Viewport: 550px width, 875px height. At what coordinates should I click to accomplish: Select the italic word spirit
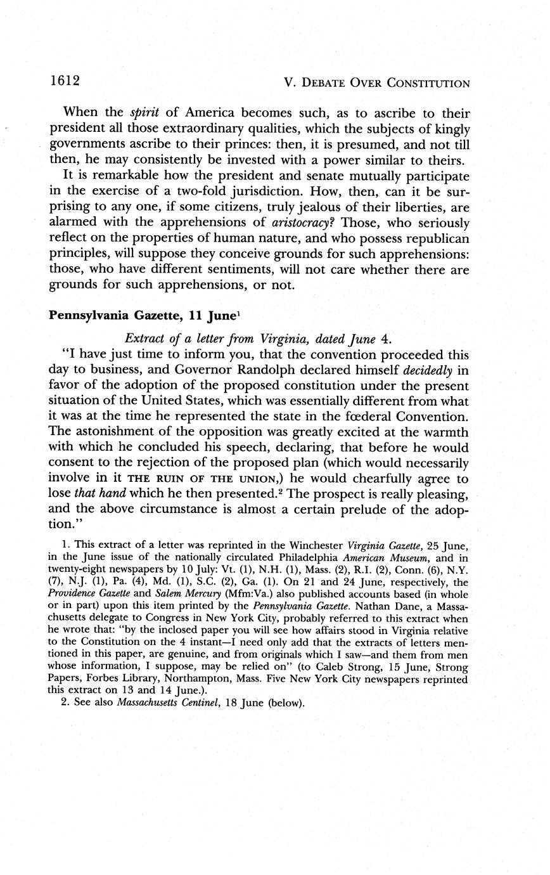tap(143, 113)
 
